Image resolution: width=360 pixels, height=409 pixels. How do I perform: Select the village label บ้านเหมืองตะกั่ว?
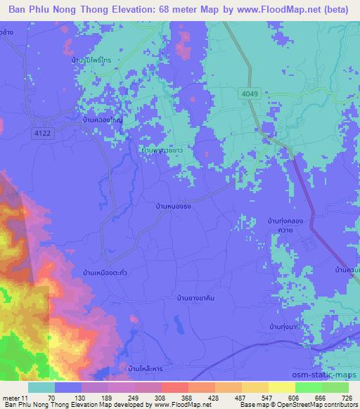click(x=105, y=271)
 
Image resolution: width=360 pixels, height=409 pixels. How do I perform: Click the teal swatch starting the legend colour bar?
click(x=41, y=387)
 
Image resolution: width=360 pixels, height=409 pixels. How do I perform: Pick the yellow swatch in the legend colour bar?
click(x=282, y=387)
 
